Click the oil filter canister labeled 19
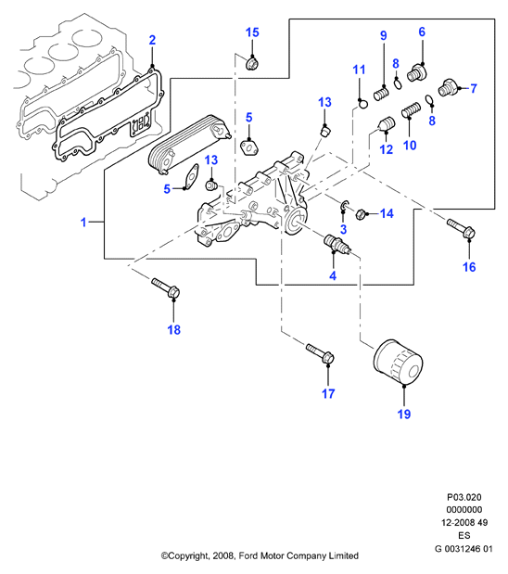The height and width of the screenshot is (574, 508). pyautogui.click(x=398, y=362)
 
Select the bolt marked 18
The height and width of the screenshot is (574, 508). pyautogui.click(x=165, y=287)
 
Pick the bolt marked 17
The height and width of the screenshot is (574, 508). pyautogui.click(x=320, y=352)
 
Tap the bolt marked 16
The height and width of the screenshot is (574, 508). pyautogui.click(x=461, y=227)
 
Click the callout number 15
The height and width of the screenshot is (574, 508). pyautogui.click(x=252, y=32)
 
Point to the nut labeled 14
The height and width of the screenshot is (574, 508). pyautogui.click(x=360, y=213)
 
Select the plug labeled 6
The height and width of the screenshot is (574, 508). pyautogui.click(x=417, y=73)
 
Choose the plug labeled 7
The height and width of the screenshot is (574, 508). pyautogui.click(x=448, y=87)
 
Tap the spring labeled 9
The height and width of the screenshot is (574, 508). pyautogui.click(x=382, y=94)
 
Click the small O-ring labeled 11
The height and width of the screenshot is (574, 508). pyautogui.click(x=362, y=104)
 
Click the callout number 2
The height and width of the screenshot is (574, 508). pyautogui.click(x=152, y=40)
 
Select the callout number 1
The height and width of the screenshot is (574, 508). pyautogui.click(x=83, y=223)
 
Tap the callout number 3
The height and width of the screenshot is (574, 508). pyautogui.click(x=343, y=230)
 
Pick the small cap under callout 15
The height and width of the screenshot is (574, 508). pyautogui.click(x=252, y=64)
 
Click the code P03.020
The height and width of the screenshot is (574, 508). pyautogui.click(x=464, y=497)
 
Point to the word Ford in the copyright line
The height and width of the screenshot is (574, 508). pyautogui.click(x=248, y=556)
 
